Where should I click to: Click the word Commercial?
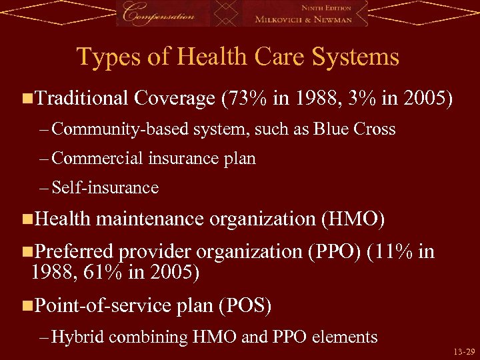point(97,158)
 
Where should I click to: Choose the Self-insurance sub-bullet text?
point(105,188)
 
